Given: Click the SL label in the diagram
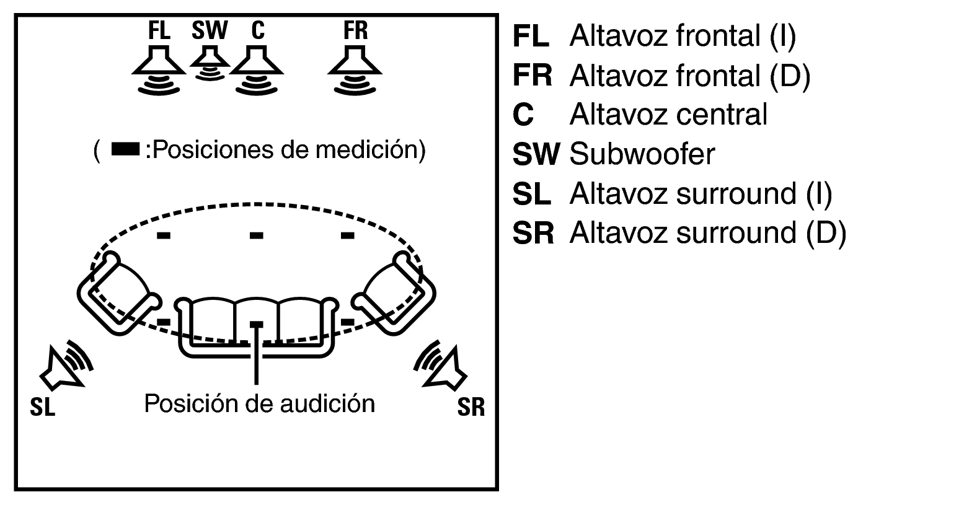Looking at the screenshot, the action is pyautogui.click(x=43, y=406).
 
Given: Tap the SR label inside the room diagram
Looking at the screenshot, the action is pyautogui.click(x=471, y=406).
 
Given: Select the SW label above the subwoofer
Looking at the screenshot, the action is pyautogui.click(x=210, y=30).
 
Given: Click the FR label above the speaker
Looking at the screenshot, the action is pyautogui.click(x=355, y=30).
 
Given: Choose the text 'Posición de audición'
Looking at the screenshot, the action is pyautogui.click(x=260, y=403).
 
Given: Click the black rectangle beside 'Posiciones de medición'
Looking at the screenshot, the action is pyautogui.click(x=125, y=149).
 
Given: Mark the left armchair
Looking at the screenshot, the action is pyautogui.click(x=119, y=293).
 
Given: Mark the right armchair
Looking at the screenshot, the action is pyautogui.click(x=394, y=293).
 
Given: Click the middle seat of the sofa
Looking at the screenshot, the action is pyautogui.click(x=257, y=320).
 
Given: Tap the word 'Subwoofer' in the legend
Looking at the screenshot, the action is pyautogui.click(x=642, y=154).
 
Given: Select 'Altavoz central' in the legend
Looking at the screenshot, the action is pyautogui.click(x=668, y=115).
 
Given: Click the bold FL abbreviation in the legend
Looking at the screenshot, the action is pyautogui.click(x=531, y=36).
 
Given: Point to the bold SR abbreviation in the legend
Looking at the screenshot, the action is pyautogui.click(x=533, y=233).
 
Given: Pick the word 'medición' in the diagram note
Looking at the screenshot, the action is pyautogui.click(x=371, y=150).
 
